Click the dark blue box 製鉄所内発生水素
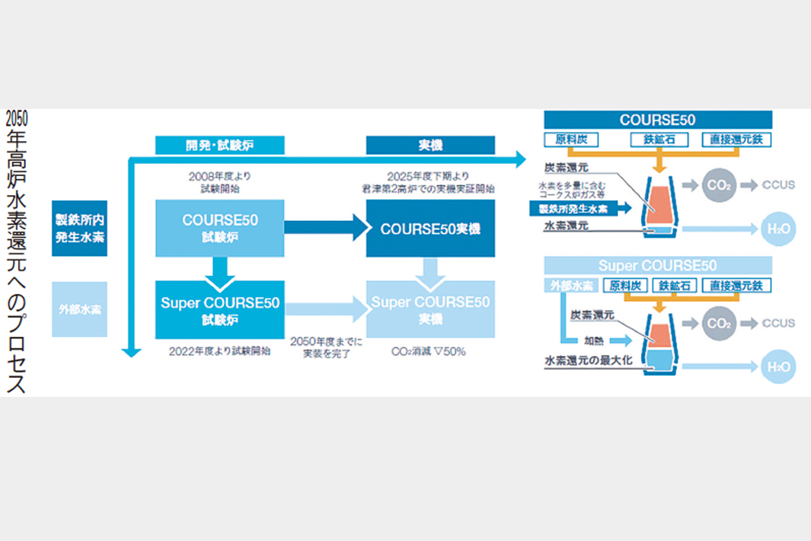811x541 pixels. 79,228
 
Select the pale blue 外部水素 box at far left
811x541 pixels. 79,309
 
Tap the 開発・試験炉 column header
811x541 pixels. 219,145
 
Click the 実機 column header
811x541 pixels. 430,145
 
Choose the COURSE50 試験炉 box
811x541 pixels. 219,228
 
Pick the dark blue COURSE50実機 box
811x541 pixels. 430,228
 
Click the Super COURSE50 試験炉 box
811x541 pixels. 219,309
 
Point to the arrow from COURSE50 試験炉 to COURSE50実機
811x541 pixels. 325,227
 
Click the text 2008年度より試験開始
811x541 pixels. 219,182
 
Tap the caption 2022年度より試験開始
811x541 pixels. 219,351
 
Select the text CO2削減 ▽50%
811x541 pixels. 428,351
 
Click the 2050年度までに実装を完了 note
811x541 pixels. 326,347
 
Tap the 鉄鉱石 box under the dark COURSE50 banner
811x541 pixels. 659,139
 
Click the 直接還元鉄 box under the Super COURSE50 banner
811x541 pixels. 736,286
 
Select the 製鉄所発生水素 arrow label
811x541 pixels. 572,207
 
